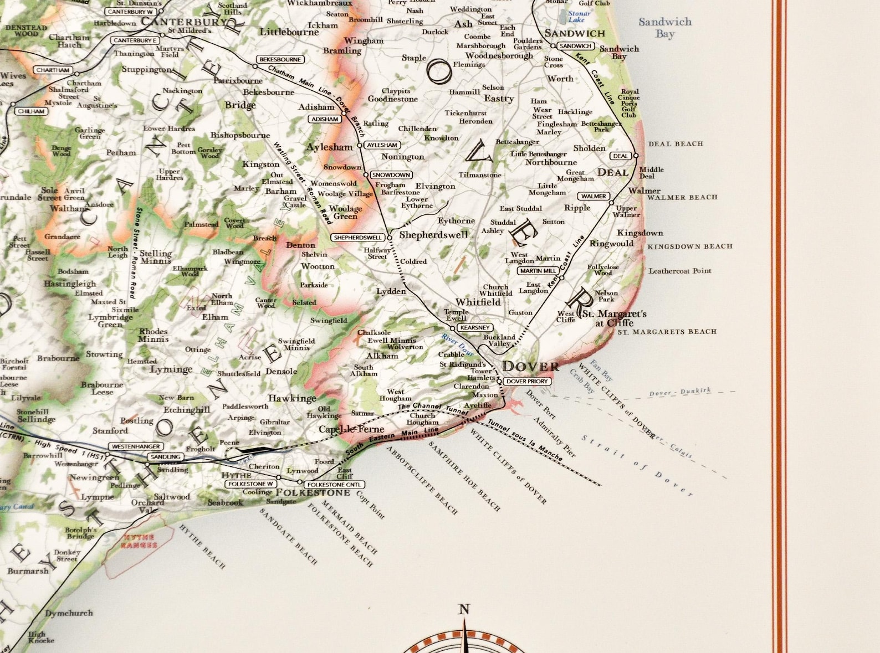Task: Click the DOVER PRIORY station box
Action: click(527, 381)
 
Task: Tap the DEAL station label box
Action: click(620, 156)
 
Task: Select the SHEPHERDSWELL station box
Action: click(357, 238)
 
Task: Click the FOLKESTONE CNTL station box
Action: click(334, 485)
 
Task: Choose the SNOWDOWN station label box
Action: click(391, 175)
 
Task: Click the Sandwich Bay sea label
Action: click(664, 27)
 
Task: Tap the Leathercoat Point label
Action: click(679, 271)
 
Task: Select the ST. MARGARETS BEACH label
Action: click(667, 332)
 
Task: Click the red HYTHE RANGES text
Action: click(139, 541)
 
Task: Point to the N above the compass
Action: click(464, 610)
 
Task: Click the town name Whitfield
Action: click(478, 302)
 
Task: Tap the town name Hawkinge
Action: click(292, 398)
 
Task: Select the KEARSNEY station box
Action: click(475, 327)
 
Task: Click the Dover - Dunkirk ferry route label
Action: click(679, 392)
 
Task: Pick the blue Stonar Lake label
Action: click(577, 16)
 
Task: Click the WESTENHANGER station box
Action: click(136, 446)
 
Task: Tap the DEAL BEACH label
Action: click(676, 144)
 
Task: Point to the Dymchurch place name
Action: click(69, 613)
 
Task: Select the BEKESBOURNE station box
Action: click(280, 59)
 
